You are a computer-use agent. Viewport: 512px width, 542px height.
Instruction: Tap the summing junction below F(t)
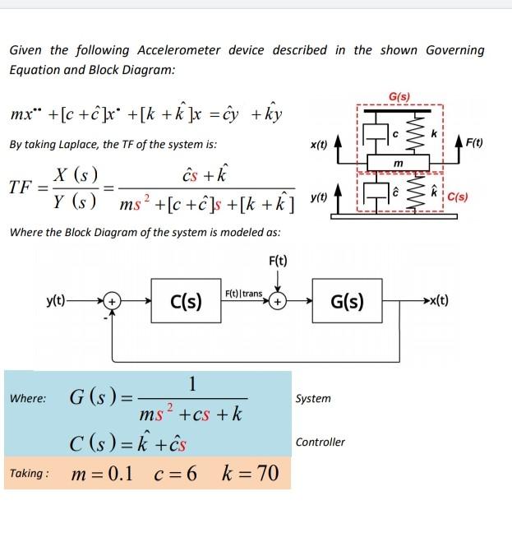(x=279, y=302)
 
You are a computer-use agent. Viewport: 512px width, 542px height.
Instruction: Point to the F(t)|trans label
(x=244, y=294)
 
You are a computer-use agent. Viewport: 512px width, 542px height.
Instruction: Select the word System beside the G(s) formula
(x=313, y=399)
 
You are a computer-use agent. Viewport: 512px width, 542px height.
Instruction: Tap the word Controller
(x=321, y=442)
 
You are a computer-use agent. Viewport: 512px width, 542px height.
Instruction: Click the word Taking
(x=29, y=475)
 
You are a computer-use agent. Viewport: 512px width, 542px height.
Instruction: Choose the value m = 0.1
(x=102, y=475)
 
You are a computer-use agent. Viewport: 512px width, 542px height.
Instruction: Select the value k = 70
(x=251, y=475)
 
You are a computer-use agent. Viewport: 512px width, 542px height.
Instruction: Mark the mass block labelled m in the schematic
(x=398, y=164)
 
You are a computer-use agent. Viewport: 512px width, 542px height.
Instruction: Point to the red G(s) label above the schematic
(x=400, y=97)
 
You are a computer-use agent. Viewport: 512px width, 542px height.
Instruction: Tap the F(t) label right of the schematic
(x=474, y=145)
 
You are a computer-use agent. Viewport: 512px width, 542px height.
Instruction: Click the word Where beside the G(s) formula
(x=29, y=399)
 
